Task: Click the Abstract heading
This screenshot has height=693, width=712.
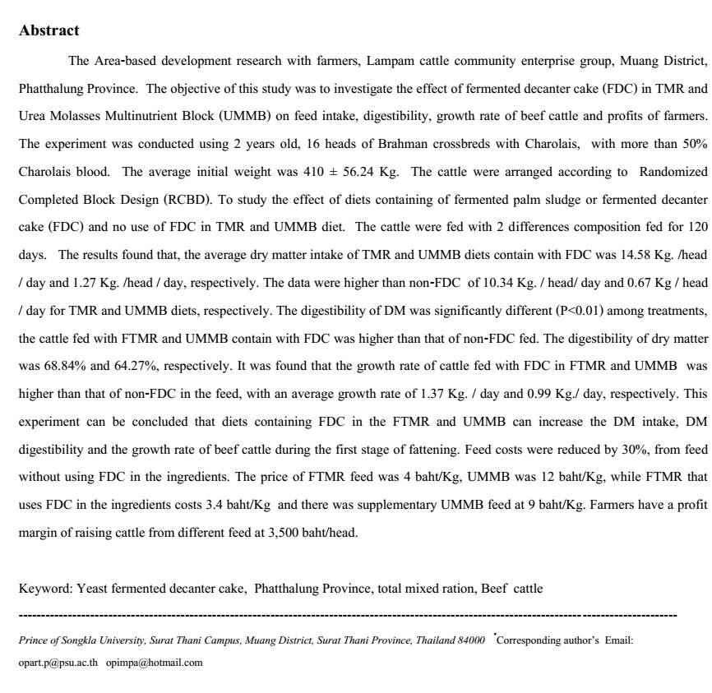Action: pos(49,31)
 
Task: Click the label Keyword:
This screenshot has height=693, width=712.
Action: pos(45,589)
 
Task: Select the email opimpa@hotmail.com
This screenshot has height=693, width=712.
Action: pos(154,662)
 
